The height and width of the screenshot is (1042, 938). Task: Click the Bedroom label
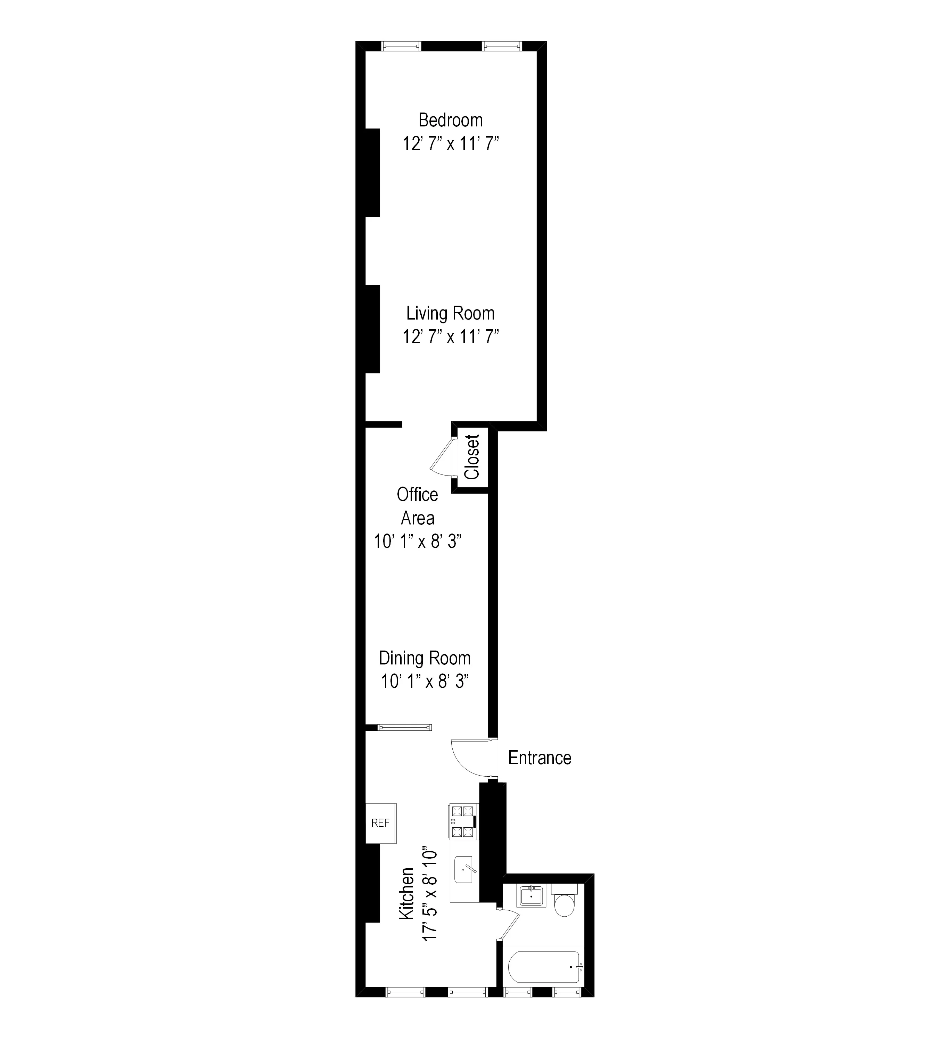(x=451, y=120)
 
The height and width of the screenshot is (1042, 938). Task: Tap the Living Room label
(x=451, y=313)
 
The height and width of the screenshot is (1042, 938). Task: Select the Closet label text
(x=472, y=457)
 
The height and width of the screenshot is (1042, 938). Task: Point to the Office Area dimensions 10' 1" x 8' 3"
(x=418, y=541)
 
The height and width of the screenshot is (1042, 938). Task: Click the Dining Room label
(x=425, y=658)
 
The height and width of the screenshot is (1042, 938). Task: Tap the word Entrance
(x=540, y=758)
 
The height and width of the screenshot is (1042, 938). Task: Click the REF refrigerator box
(x=381, y=823)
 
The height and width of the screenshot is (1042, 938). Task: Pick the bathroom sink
(x=531, y=896)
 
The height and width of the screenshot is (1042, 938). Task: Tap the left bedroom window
(x=401, y=47)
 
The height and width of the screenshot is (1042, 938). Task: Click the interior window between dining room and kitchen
(x=405, y=728)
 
